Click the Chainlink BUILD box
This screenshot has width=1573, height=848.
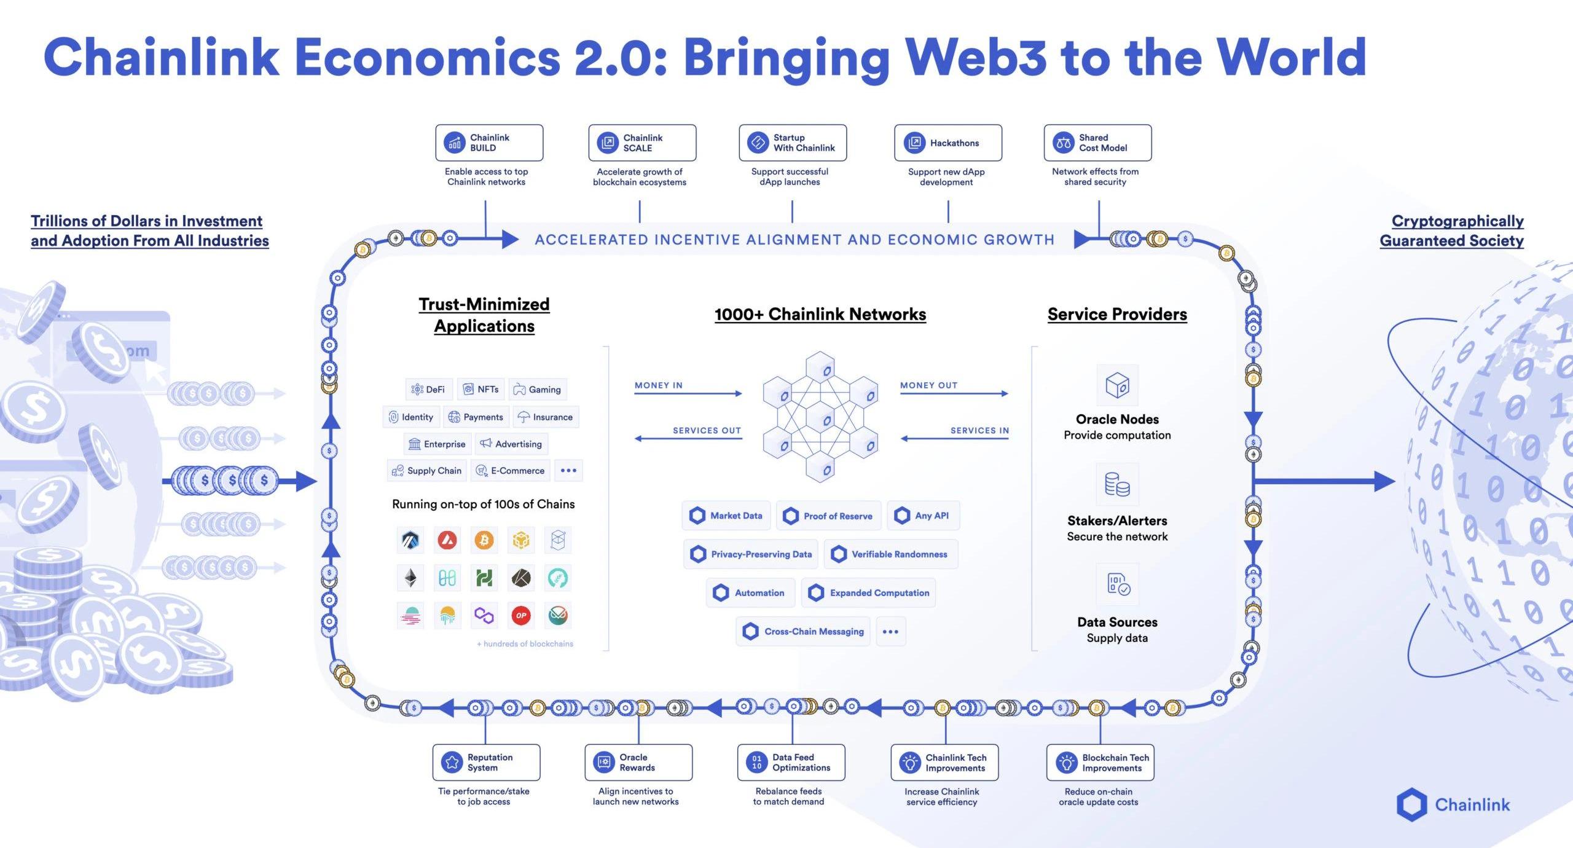(x=489, y=143)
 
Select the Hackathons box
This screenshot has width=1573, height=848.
(x=947, y=143)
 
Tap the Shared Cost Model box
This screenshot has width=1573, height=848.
(x=1097, y=143)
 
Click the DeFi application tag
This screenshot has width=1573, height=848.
(x=429, y=389)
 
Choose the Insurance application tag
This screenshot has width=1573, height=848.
(x=546, y=417)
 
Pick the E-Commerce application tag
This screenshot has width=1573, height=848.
(x=511, y=471)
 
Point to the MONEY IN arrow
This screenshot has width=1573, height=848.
(x=688, y=393)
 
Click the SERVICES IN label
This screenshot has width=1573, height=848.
(x=979, y=430)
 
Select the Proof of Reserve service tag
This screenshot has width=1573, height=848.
(x=829, y=516)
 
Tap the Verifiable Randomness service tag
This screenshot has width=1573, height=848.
(x=890, y=554)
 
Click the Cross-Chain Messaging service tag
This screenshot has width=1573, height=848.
(x=803, y=631)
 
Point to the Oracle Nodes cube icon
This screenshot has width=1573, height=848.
(x=1117, y=385)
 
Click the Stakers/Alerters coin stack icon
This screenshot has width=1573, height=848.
(x=1117, y=484)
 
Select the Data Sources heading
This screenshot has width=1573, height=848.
(x=1117, y=622)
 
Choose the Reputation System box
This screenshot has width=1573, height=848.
(x=486, y=763)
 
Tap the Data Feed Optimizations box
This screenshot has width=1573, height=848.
(x=791, y=763)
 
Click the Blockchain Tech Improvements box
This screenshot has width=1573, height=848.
(x=1100, y=763)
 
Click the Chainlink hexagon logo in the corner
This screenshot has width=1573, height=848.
(x=1411, y=804)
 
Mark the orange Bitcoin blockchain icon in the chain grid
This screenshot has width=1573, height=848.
(x=484, y=540)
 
